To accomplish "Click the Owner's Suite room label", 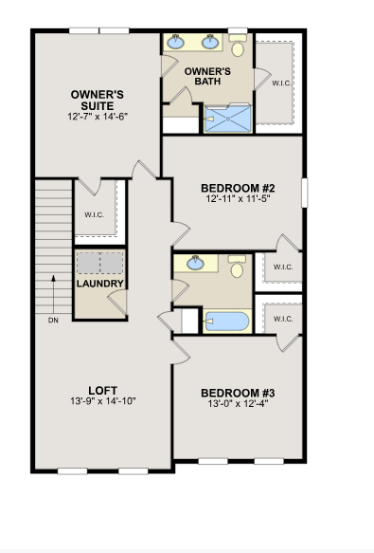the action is (x=98, y=101).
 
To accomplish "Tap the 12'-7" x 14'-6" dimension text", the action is (x=98, y=117).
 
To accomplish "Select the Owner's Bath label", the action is (x=207, y=76).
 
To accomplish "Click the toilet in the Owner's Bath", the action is (x=238, y=46).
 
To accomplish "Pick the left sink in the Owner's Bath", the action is (x=175, y=42).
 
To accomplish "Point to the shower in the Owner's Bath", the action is (x=228, y=119).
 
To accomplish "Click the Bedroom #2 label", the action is (x=238, y=188).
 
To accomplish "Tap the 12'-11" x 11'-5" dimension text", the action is (x=238, y=199).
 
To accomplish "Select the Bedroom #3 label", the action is (x=238, y=393).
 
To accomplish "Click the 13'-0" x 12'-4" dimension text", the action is (x=238, y=403).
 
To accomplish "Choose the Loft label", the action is (x=102, y=391).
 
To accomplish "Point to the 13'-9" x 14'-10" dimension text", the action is (x=103, y=401).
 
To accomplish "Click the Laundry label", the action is (x=100, y=284).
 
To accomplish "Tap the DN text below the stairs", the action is (x=53, y=321).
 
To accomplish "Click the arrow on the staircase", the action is (x=54, y=294).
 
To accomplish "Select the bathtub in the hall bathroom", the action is (x=227, y=321).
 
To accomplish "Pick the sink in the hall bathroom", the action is (x=195, y=263).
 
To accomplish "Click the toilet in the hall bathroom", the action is (x=237, y=267).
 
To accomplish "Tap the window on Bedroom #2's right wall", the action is (x=305, y=193).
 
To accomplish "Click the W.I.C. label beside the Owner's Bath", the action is (x=281, y=83).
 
